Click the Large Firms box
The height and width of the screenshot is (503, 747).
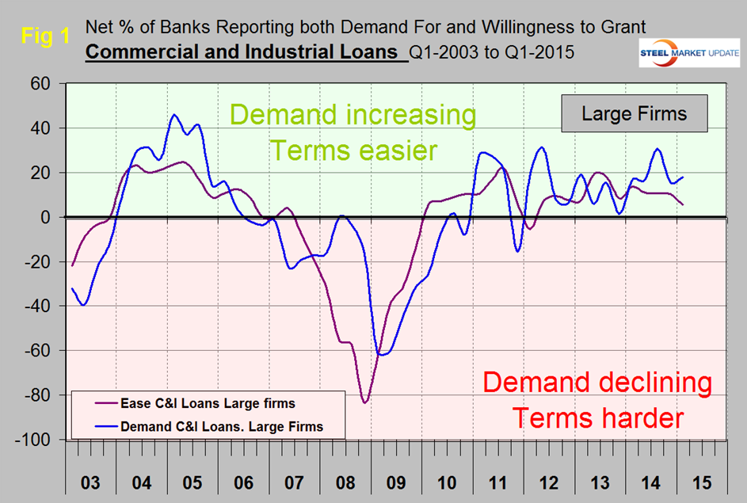click(x=634, y=113)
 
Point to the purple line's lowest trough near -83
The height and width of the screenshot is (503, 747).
click(x=365, y=402)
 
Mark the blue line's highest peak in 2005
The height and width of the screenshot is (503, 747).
click(x=174, y=115)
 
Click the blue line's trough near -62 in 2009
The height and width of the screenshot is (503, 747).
click(x=383, y=354)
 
